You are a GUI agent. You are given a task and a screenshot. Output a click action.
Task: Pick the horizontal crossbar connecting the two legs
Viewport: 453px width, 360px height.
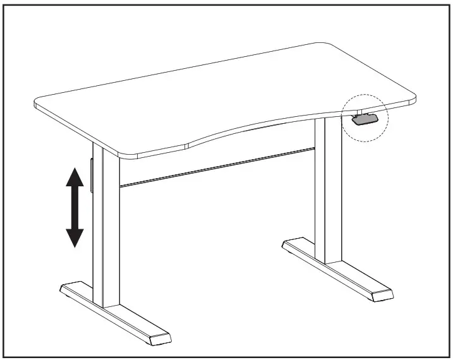click(x=215, y=167)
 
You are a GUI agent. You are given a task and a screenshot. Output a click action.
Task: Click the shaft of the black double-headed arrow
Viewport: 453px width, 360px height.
click(x=75, y=207)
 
